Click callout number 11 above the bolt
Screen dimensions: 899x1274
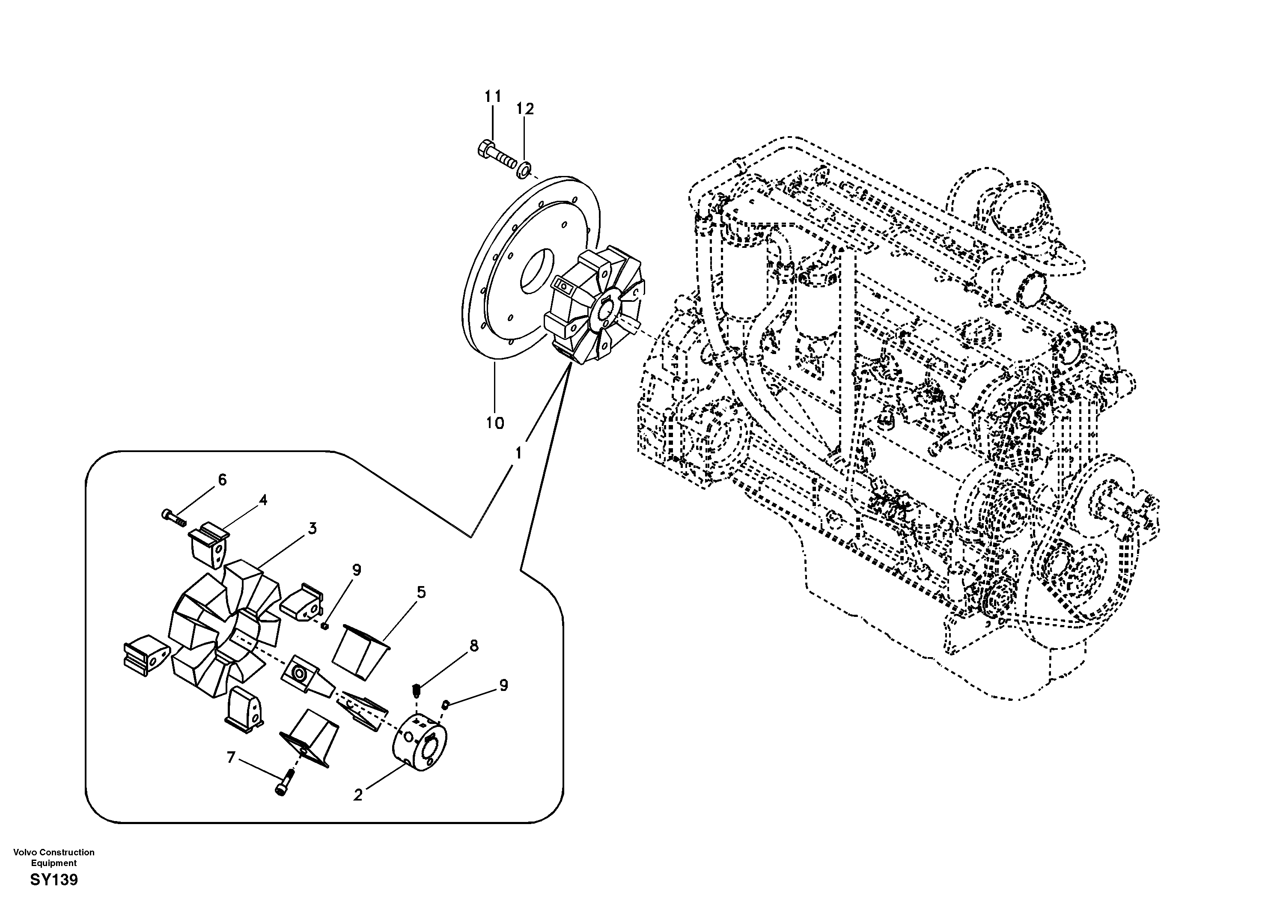[x=493, y=97]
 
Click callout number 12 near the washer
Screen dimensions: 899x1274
[x=525, y=109]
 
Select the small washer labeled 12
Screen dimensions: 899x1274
[x=523, y=168]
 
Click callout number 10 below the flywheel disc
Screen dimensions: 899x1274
[x=495, y=423]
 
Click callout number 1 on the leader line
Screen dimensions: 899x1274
[x=518, y=453]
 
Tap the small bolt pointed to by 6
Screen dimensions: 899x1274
[x=173, y=517]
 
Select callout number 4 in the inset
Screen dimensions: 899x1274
[x=263, y=500]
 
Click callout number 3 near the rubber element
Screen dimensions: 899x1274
[x=313, y=528]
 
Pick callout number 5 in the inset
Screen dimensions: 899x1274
[x=421, y=592]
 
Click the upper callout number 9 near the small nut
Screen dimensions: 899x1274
[x=357, y=570]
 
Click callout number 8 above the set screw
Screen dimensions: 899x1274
[x=473, y=646]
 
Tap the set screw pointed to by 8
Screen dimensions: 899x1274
[x=418, y=691]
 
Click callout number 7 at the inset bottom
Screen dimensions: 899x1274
[x=232, y=757]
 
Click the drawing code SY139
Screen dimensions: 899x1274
[x=54, y=880]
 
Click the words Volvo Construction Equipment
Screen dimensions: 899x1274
[x=54, y=857]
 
